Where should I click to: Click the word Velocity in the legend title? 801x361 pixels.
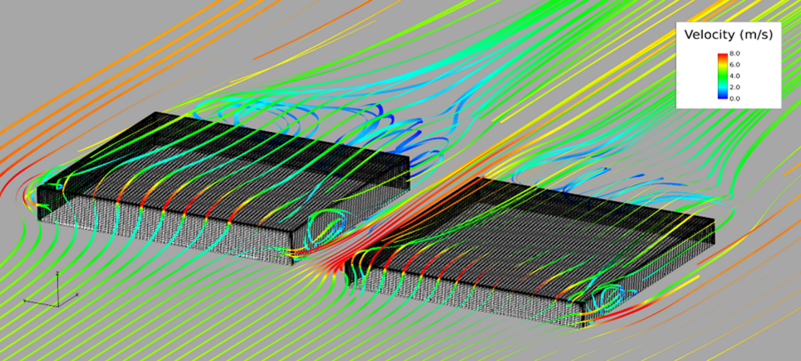pyautogui.click(x=710, y=35)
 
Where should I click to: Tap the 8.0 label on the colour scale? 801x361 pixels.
pyautogui.click(x=734, y=53)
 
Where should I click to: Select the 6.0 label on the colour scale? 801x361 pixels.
pyautogui.click(x=734, y=65)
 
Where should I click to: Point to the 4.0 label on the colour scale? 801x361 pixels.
pyautogui.click(x=734, y=76)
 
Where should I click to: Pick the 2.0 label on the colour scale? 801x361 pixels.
pyautogui.click(x=734, y=87)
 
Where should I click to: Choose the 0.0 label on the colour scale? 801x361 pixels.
pyautogui.click(x=734, y=98)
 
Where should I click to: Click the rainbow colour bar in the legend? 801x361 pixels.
pyautogui.click(x=722, y=76)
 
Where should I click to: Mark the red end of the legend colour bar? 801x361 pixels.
pyautogui.click(x=722, y=56)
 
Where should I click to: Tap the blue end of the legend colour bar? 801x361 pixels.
pyautogui.click(x=722, y=97)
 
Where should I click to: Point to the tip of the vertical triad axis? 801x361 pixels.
pyautogui.click(x=58, y=274)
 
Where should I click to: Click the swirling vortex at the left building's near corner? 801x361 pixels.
pyautogui.click(x=324, y=227)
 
